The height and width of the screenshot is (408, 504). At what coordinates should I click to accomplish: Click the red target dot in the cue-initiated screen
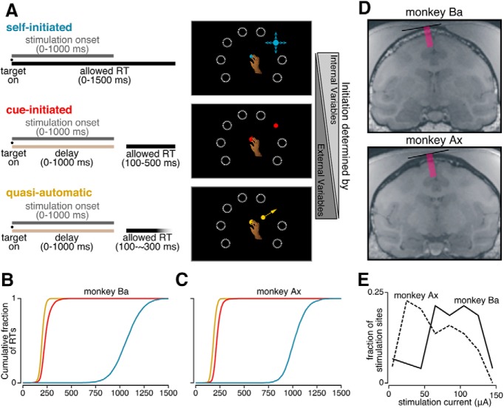pyautogui.click(x=274, y=126)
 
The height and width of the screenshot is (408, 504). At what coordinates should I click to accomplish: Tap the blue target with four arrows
pyautogui.click(x=276, y=44)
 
